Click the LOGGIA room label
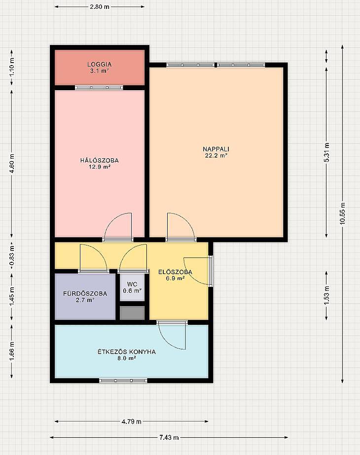pos(99,64)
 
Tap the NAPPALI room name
pos(216,149)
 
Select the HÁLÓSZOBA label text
pos(99,160)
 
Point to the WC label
pos(132,284)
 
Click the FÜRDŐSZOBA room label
pos(85,293)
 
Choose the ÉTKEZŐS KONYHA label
pos(127,351)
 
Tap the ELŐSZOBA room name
pos(175,272)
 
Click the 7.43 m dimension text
pos(169,437)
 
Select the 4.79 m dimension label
pos(132,421)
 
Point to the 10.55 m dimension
pos(343,213)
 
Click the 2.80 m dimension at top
pos(100,7)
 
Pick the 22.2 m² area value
pos(216,155)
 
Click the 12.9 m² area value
pos(100,167)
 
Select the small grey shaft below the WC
pos(132,313)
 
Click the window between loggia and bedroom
pos(99,87)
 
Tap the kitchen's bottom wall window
pos(123,381)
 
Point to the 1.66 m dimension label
pos(12,351)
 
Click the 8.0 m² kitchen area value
pos(127,358)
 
